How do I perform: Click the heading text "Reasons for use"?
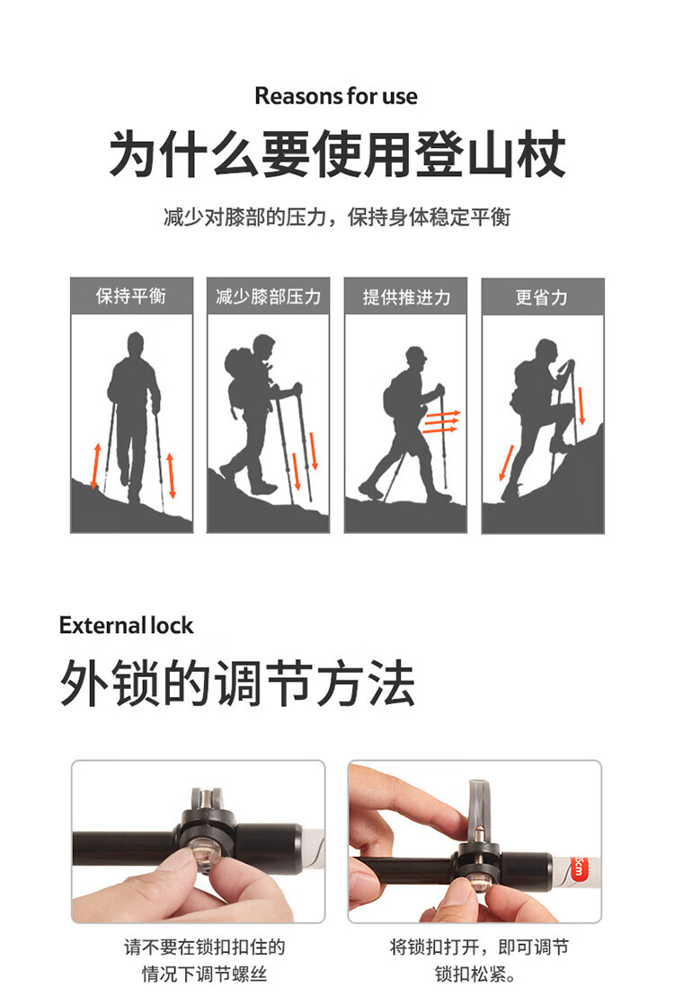point(336,96)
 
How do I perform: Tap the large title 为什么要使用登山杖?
point(337,154)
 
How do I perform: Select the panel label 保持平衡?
point(131,296)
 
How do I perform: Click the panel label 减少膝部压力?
point(268,296)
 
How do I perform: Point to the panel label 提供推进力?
point(406,297)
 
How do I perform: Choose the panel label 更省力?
point(543,297)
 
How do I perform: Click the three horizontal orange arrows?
point(441,421)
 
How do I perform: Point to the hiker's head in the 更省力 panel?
point(545,350)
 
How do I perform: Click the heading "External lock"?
point(127,626)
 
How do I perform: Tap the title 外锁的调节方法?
point(237,683)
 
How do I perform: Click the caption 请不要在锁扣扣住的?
point(204,947)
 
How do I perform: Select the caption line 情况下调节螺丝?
point(204,974)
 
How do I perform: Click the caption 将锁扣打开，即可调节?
point(478,947)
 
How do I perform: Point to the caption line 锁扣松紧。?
point(475,974)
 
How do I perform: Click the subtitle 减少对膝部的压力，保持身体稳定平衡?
point(337,217)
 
